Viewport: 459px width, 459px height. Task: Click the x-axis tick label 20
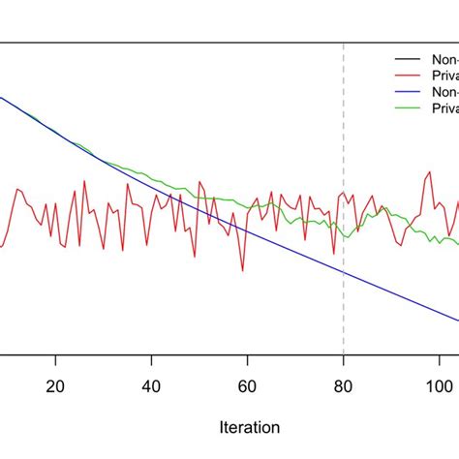[x=56, y=383]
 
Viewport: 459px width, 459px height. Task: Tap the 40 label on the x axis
[x=152, y=383]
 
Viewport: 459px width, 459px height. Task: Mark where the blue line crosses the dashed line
[x=344, y=272]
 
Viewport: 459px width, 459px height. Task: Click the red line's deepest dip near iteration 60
[x=243, y=271]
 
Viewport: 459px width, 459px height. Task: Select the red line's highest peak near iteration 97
[x=426, y=174]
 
